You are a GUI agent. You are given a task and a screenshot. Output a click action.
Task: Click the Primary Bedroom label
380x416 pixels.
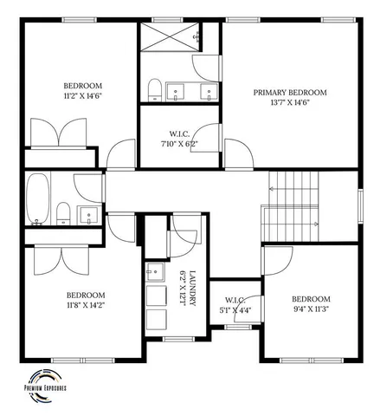tap(289, 92)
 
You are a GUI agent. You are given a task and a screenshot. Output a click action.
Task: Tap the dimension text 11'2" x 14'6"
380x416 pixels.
tap(82, 97)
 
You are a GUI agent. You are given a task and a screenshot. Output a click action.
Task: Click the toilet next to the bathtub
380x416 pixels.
tap(63, 211)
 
